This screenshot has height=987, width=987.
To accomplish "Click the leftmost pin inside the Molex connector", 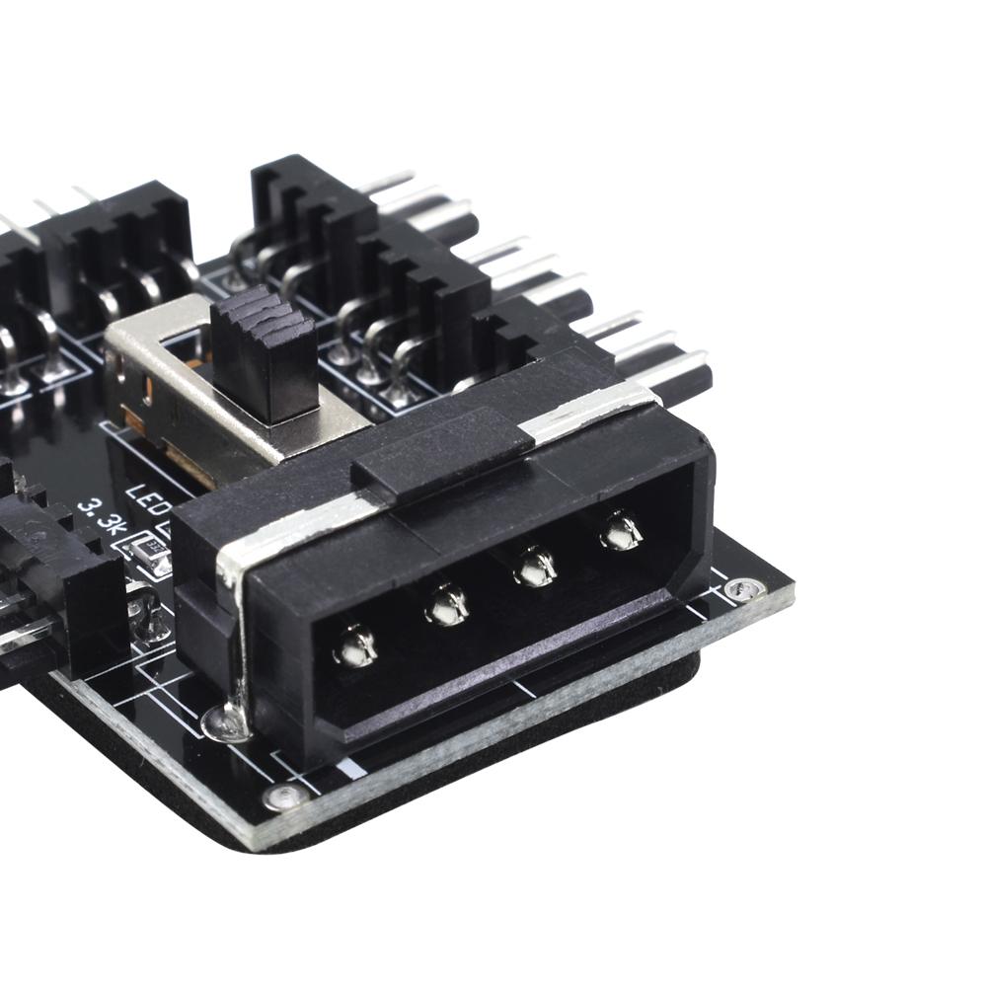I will click(x=355, y=646).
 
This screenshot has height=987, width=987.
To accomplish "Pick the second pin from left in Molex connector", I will click(x=446, y=604).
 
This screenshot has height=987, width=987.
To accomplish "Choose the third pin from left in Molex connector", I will click(x=536, y=567).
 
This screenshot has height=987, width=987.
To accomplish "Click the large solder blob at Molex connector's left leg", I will click(x=225, y=723).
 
